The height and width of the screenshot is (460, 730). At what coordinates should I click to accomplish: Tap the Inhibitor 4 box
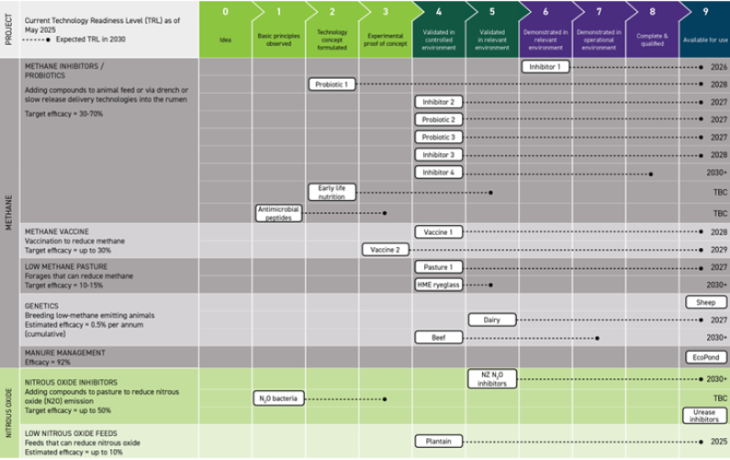(439, 173)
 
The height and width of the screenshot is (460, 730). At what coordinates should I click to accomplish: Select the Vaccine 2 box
(386, 249)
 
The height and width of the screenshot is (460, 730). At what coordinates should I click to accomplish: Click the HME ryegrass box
(439, 285)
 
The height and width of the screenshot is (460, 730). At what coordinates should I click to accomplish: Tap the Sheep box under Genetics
(705, 302)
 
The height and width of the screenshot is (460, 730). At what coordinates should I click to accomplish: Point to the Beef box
(439, 337)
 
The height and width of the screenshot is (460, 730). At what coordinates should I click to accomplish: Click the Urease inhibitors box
(705, 416)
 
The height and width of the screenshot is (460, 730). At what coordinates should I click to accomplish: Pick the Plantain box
(439, 441)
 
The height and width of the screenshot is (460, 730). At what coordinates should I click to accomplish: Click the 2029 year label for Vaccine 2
(719, 249)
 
